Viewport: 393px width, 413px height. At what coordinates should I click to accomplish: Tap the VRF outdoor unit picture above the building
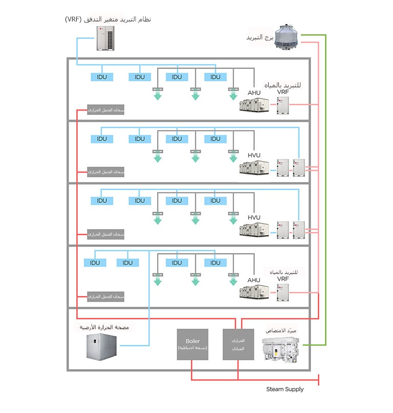[x=107, y=38]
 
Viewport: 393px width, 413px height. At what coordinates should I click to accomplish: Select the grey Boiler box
[x=193, y=345]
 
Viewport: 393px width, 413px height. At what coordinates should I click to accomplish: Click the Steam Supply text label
[x=285, y=389]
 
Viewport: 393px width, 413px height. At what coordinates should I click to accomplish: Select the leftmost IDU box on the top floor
[x=102, y=77]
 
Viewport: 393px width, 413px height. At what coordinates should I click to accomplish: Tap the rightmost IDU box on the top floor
[x=215, y=77]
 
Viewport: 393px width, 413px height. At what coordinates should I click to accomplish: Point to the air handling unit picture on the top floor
[x=254, y=105]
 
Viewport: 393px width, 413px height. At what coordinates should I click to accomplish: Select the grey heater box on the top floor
[x=106, y=110]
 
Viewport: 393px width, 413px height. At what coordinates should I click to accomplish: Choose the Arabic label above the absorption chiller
[x=285, y=331]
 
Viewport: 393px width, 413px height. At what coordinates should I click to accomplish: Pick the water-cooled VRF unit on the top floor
[x=283, y=105]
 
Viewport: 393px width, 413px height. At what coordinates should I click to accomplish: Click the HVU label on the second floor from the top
[x=254, y=155]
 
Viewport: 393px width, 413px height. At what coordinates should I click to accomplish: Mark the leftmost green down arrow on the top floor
[x=158, y=95]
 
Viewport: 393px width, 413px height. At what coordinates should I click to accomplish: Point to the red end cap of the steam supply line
[x=319, y=380]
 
